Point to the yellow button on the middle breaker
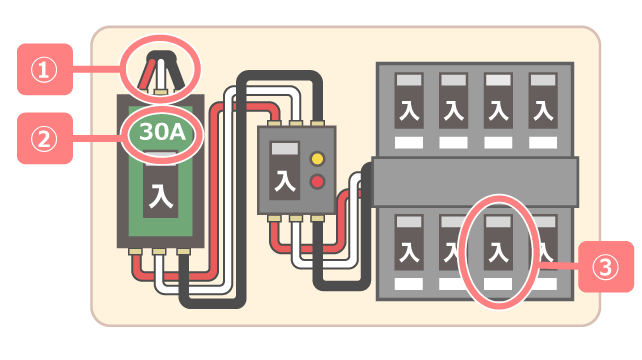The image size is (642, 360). [318, 158]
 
